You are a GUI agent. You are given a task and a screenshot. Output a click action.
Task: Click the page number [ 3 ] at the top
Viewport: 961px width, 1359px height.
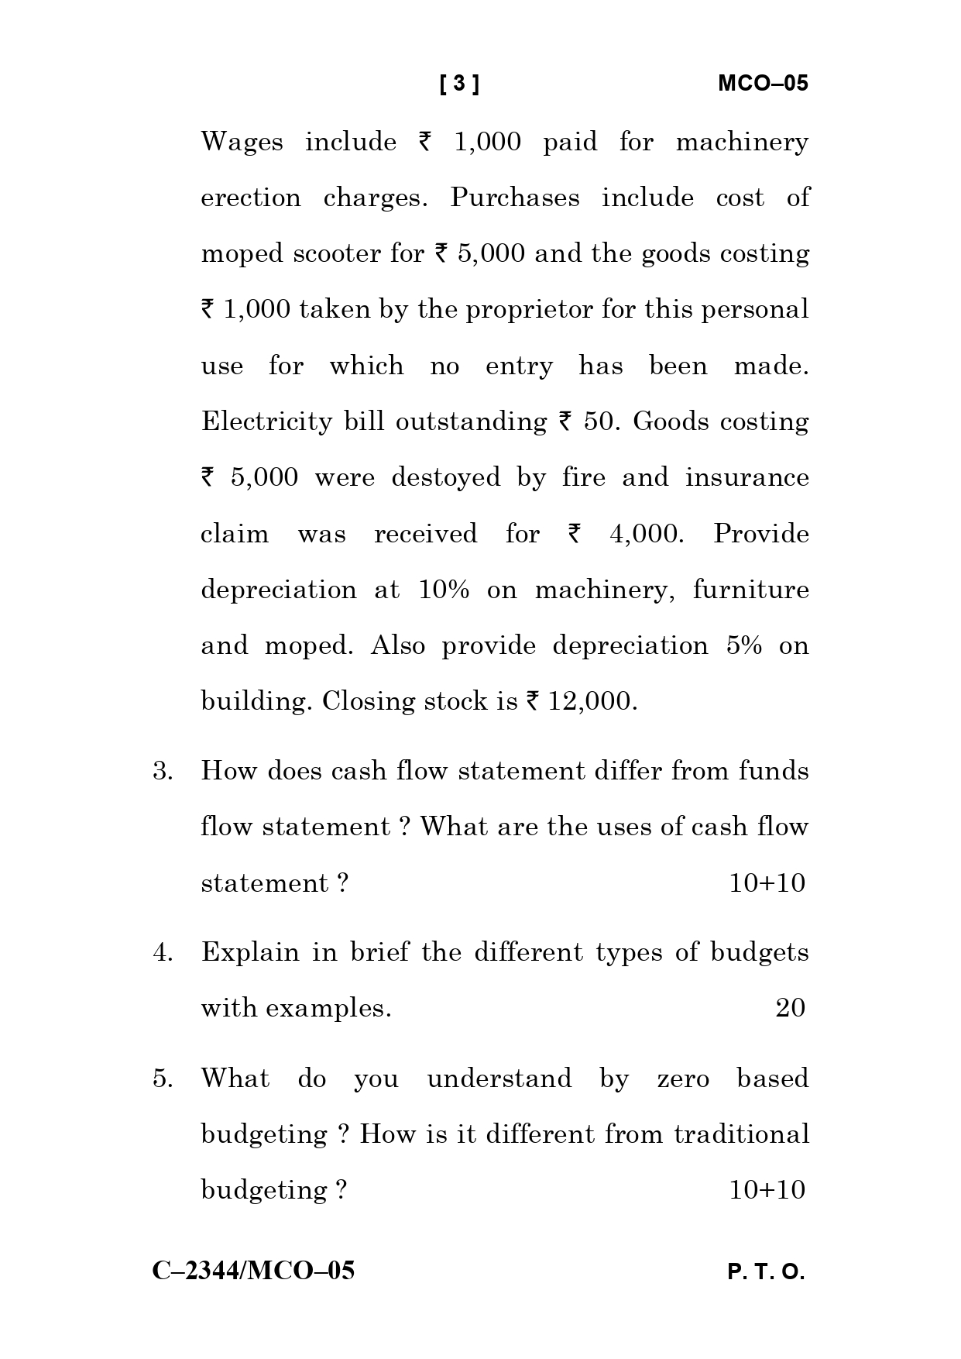click(x=459, y=84)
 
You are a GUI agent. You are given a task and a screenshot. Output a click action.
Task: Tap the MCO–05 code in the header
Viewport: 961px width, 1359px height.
click(x=763, y=84)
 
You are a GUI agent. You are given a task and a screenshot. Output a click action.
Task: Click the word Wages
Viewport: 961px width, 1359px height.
click(x=242, y=143)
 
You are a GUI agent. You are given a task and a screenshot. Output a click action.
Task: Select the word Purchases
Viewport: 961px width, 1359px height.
click(x=515, y=198)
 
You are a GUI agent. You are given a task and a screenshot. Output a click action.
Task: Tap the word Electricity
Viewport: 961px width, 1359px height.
click(x=267, y=422)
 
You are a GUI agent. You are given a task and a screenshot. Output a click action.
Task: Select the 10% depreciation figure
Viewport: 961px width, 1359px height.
click(x=444, y=590)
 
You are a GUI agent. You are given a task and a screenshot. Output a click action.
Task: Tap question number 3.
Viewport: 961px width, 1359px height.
click(x=162, y=772)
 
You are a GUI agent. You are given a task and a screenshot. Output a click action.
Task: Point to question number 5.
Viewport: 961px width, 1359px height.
click(x=162, y=1079)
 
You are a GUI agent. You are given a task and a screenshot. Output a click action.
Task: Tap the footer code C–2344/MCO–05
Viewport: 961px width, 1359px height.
click(x=253, y=1271)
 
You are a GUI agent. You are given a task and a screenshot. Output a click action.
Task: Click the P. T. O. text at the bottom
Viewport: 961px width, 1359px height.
click(x=766, y=1273)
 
